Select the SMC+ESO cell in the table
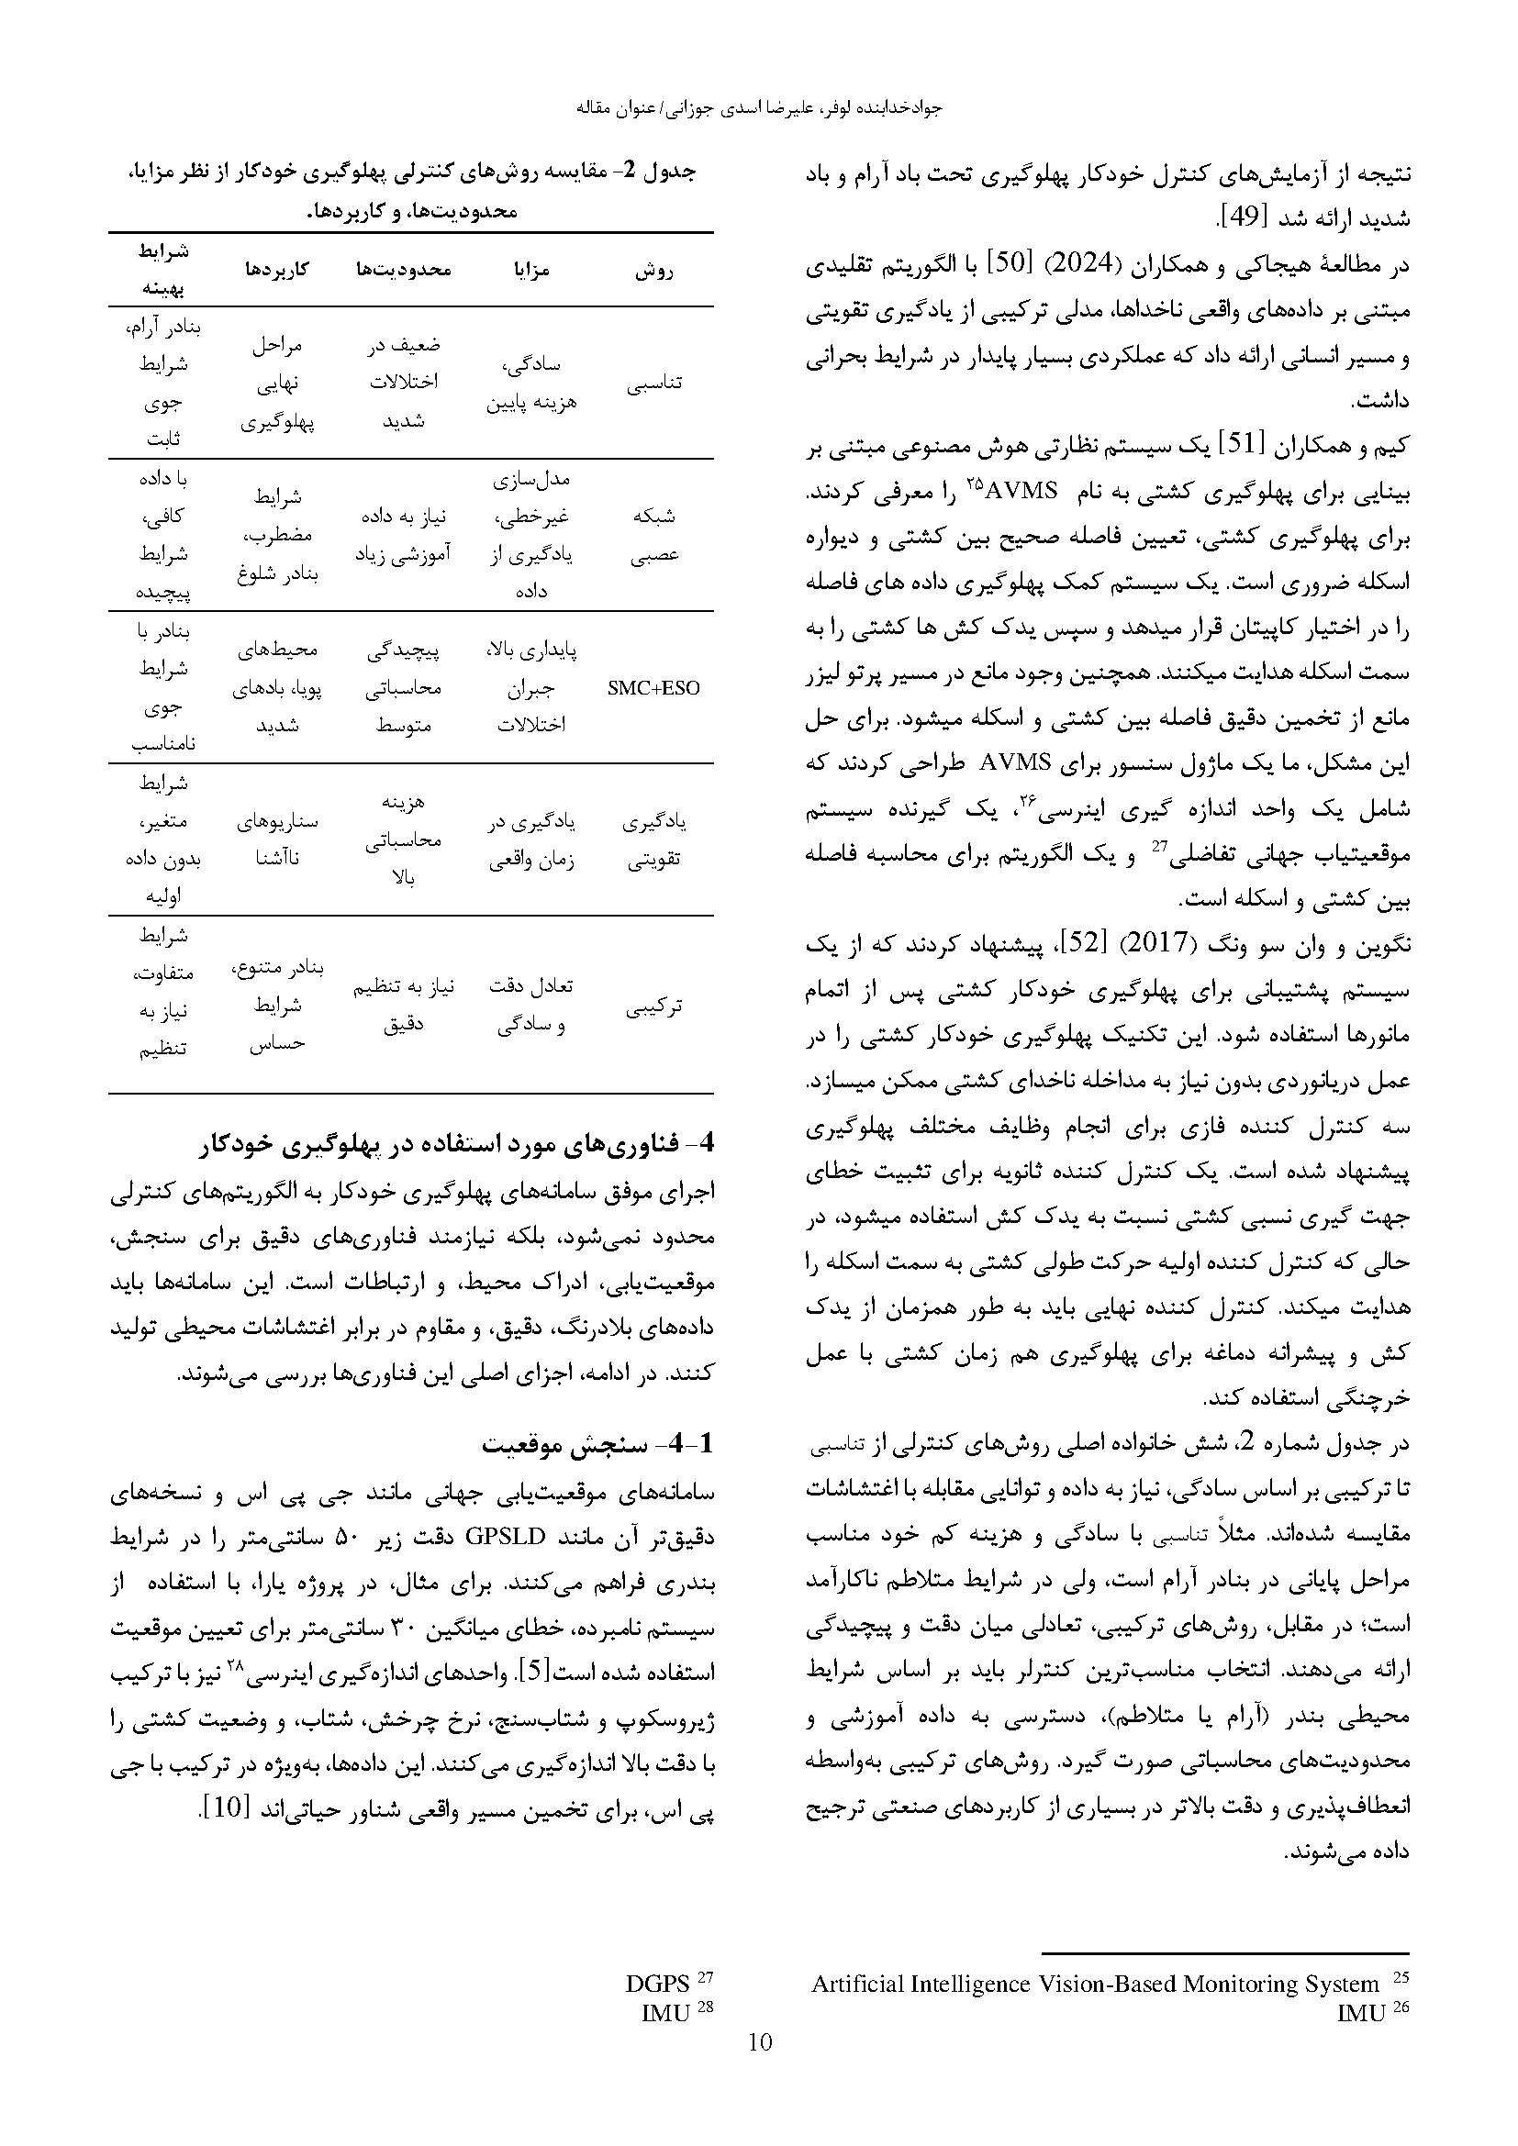tap(653, 688)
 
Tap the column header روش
tap(653, 271)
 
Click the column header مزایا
tap(530, 271)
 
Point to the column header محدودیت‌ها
tap(404, 271)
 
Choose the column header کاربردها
tap(276, 271)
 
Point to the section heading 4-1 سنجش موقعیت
tap(598, 1445)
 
